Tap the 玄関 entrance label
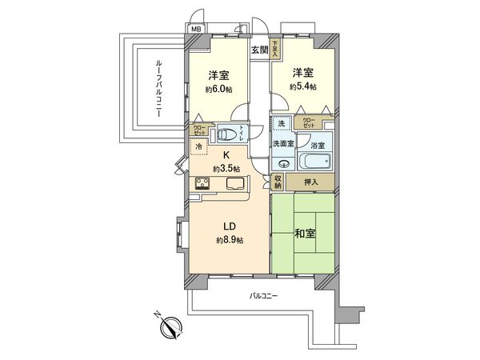pos(259,50)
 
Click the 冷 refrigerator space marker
pos(198,146)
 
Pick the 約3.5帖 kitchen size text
pos(226,168)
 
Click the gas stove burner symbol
pos(204,183)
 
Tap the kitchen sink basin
pos(238,183)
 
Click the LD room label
pos(227,226)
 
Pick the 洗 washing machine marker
pos(281,124)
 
